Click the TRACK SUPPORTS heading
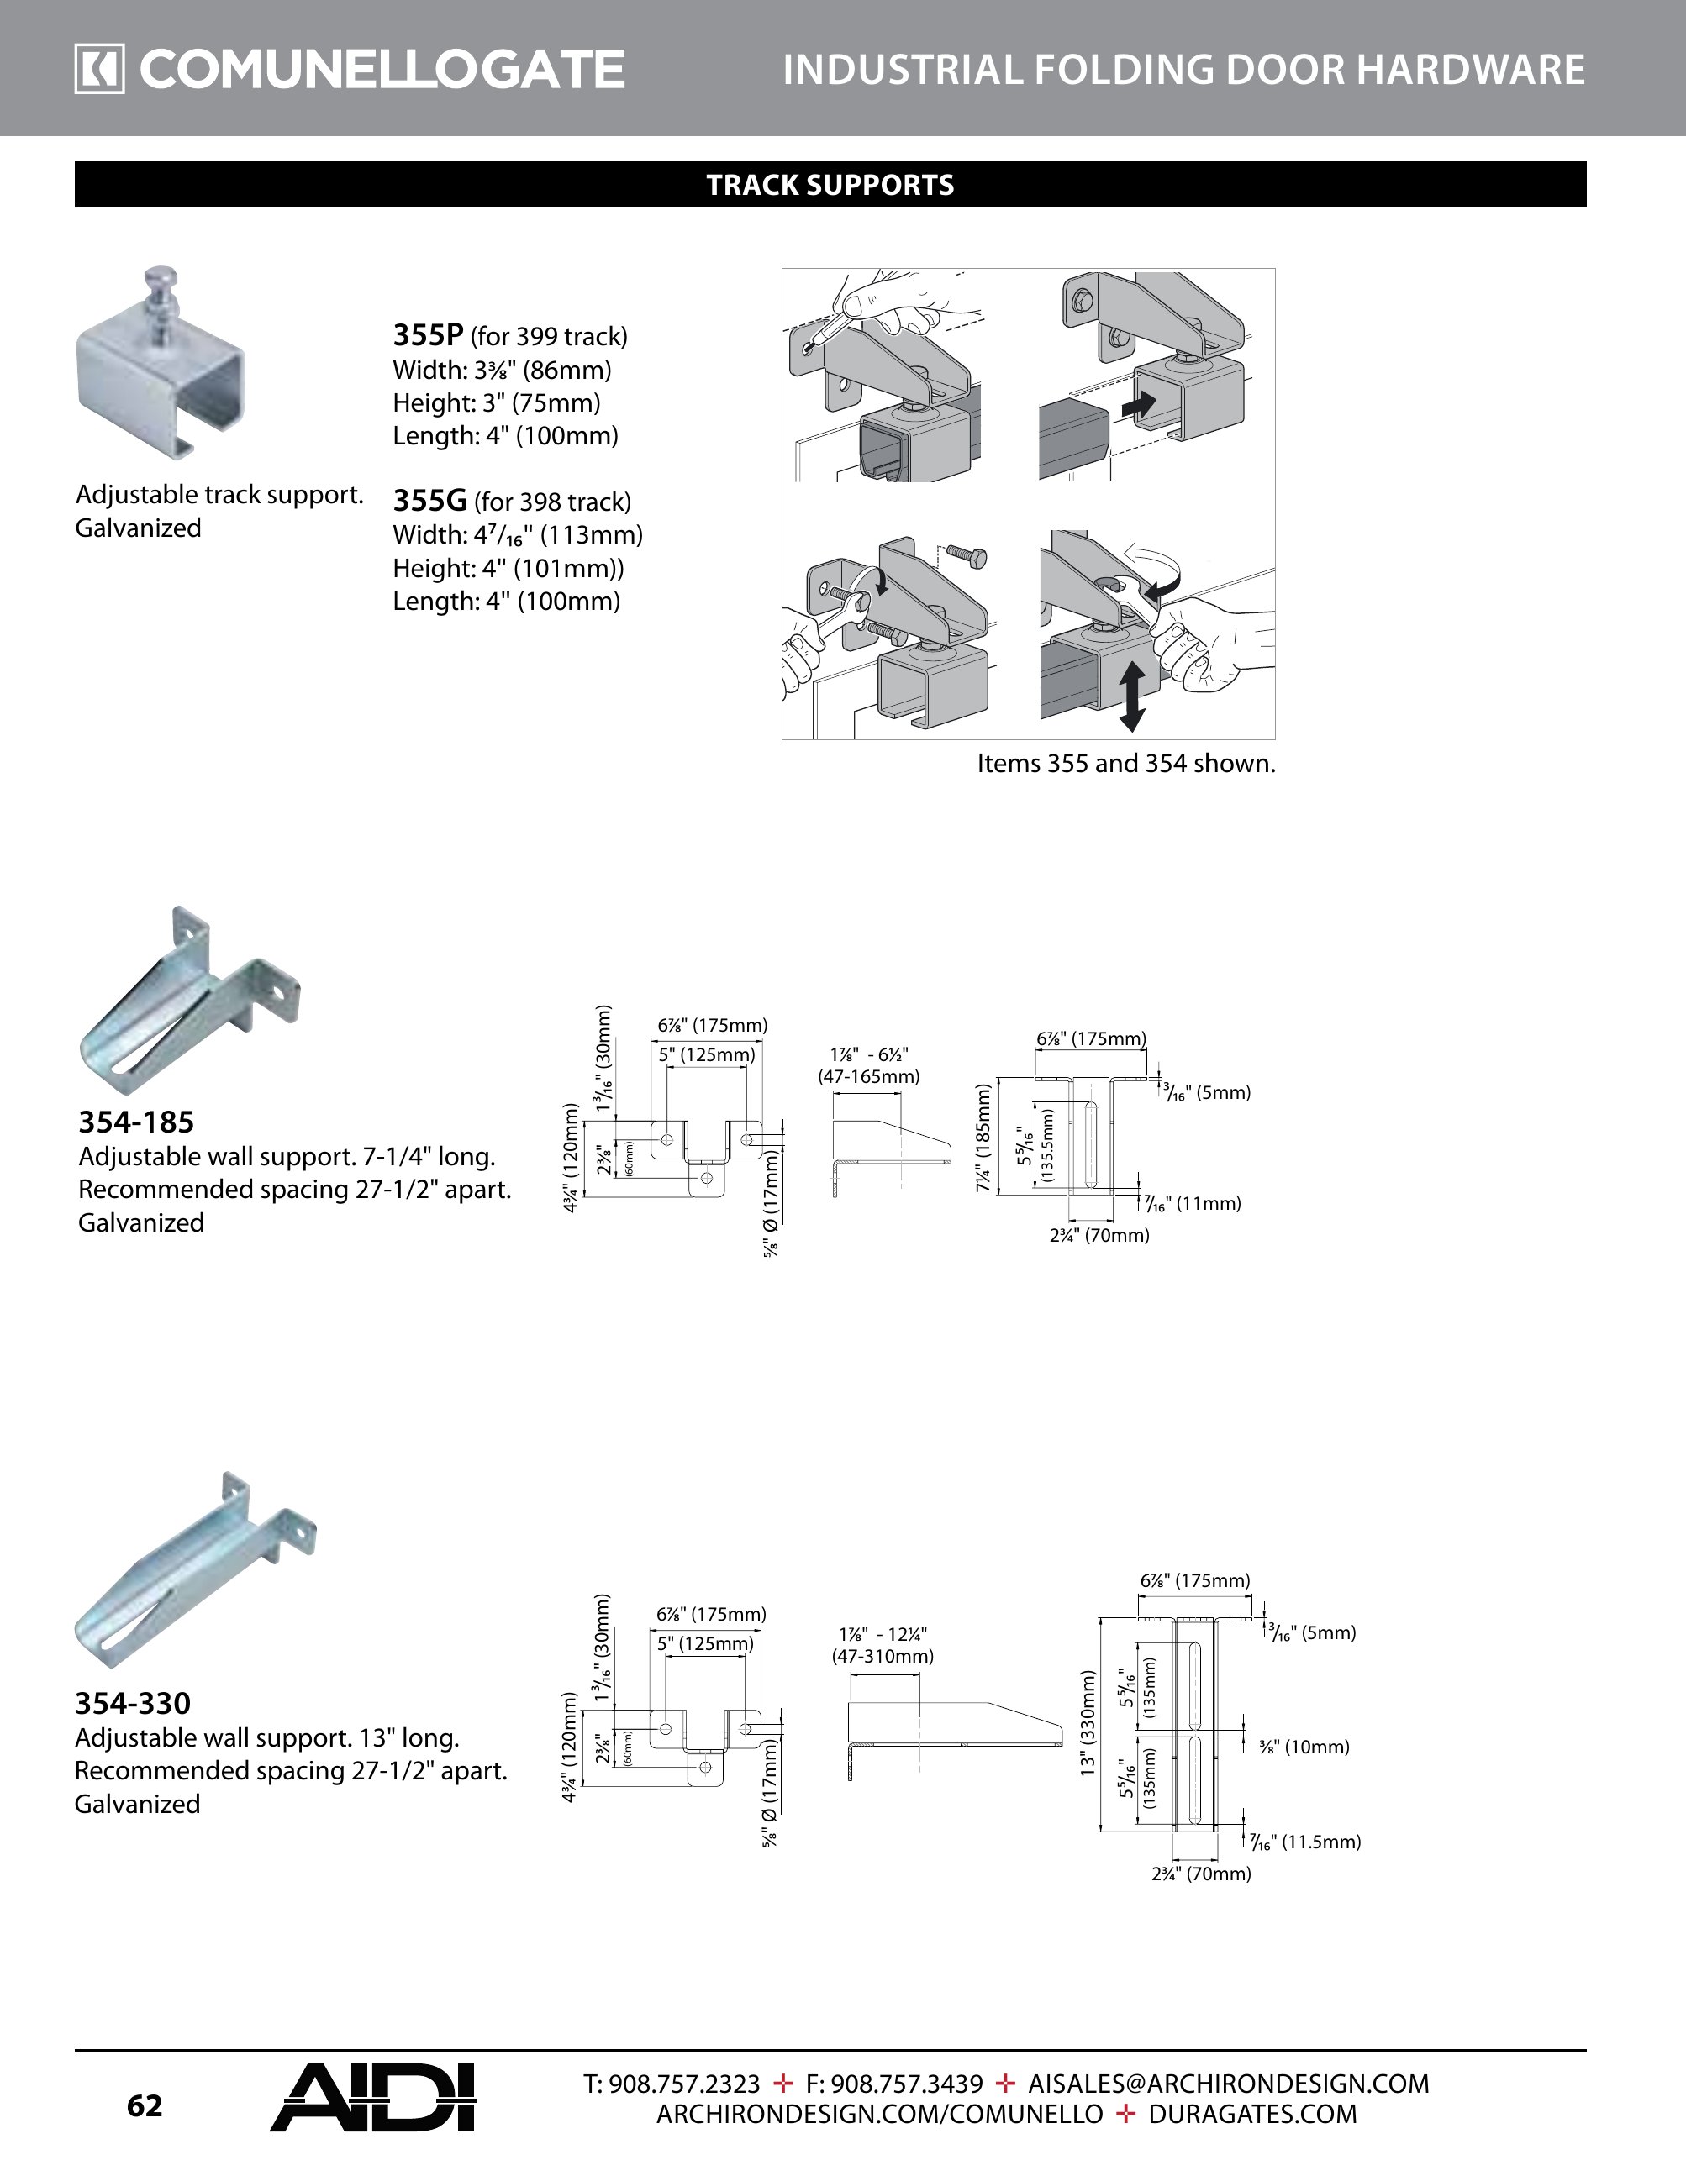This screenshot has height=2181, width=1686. [830, 185]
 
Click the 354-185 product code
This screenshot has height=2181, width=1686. [136, 1122]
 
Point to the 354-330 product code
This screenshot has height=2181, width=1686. [132, 1704]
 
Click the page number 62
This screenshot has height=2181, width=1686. [144, 2106]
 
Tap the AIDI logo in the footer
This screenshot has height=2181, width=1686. [371, 2098]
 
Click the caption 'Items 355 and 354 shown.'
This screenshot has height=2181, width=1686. [1125, 764]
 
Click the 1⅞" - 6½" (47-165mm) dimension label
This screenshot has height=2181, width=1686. [868, 1065]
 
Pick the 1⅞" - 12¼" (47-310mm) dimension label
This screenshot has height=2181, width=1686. [883, 1646]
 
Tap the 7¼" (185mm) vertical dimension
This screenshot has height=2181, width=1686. [984, 1138]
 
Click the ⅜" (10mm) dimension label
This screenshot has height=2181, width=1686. [1304, 1747]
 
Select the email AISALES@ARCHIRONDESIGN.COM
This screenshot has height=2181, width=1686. [1229, 2084]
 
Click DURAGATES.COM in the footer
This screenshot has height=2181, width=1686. [1252, 2114]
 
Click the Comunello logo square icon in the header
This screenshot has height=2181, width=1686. [99, 69]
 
